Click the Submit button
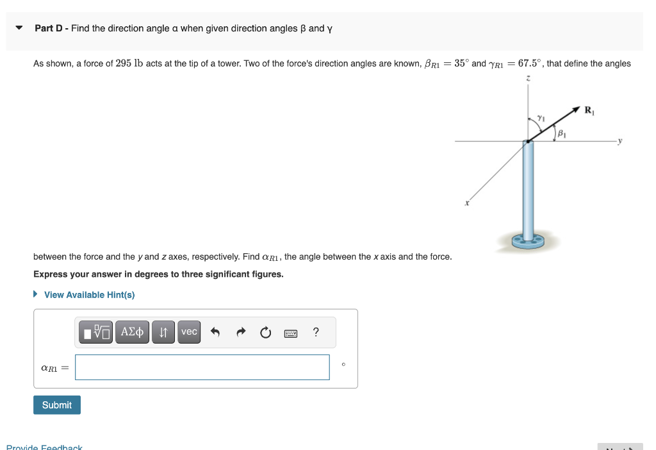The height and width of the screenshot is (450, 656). [57, 405]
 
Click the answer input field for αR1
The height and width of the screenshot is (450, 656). [202, 367]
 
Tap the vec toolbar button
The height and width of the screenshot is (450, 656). [189, 332]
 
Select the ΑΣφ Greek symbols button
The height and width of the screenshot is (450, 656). [132, 332]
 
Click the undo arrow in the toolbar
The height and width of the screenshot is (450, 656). [215, 332]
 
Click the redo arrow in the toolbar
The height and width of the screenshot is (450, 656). [241, 332]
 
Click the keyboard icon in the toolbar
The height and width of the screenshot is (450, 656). [290, 333]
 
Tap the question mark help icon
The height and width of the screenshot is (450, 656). [315, 332]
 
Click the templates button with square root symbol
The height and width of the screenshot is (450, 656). [96, 332]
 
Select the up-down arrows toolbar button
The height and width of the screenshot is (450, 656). [163, 332]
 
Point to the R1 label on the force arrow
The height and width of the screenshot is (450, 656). [589, 110]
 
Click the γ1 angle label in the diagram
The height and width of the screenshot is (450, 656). [541, 117]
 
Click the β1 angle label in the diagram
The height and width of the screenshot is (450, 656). [562, 134]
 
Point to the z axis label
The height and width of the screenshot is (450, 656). [527, 78]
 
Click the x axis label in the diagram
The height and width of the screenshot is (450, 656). [467, 203]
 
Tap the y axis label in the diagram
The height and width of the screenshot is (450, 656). [619, 142]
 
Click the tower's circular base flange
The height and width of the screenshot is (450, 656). [528, 242]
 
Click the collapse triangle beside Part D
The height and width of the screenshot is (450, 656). [19, 28]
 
